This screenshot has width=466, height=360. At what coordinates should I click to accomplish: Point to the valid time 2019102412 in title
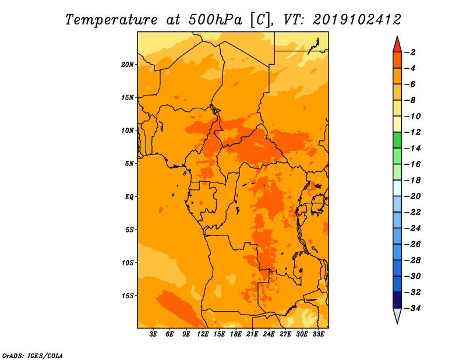pyautogui.click(x=356, y=19)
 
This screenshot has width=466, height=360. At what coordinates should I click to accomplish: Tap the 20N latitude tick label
pyautogui.click(x=128, y=64)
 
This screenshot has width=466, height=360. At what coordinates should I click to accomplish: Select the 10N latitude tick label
pyautogui.click(x=128, y=130)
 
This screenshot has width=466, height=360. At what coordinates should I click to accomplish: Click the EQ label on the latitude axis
pyautogui.click(x=129, y=197)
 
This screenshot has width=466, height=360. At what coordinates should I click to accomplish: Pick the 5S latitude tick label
pyautogui.click(x=129, y=230)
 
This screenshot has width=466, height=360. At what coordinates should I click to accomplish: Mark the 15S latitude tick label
pyautogui.click(x=128, y=296)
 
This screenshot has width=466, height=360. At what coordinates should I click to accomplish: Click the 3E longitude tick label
pyautogui.click(x=154, y=334)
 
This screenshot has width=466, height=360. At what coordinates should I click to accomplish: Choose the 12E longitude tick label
pyautogui.click(x=203, y=334)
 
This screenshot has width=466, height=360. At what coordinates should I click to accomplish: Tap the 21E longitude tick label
pyautogui.click(x=253, y=334)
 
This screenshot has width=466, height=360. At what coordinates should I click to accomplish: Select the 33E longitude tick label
pyautogui.click(x=319, y=334)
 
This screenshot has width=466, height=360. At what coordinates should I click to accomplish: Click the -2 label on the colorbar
pyautogui.click(x=411, y=52)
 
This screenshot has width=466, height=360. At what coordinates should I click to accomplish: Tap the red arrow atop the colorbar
pyautogui.click(x=397, y=44)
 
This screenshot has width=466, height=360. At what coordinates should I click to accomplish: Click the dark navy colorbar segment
pyautogui.click(x=397, y=299)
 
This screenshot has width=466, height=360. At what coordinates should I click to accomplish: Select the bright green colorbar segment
pyautogui.click(x=397, y=140)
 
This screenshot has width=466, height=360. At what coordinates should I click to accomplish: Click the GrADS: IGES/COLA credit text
pyautogui.click(x=32, y=355)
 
